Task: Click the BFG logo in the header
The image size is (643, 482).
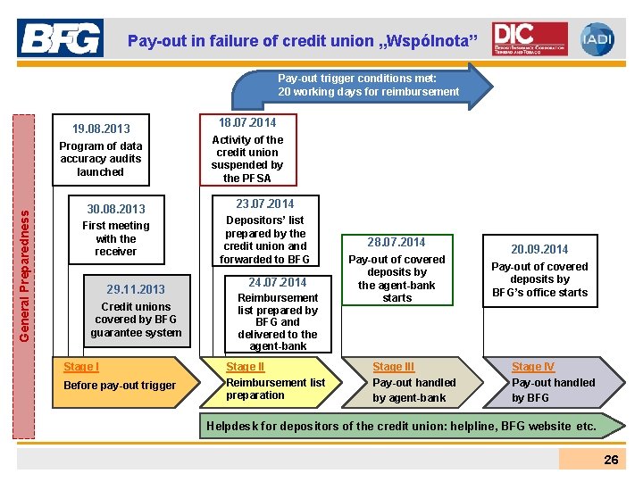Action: point(60,38)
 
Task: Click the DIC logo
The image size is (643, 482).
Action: point(530,38)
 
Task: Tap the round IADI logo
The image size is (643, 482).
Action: point(597,38)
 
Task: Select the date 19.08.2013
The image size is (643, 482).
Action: point(101,129)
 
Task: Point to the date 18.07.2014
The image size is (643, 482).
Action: point(247,122)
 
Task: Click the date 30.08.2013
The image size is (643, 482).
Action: point(115,209)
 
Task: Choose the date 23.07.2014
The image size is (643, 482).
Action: point(264,204)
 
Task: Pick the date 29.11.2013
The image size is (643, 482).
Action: point(136,289)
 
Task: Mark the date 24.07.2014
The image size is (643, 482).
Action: point(277,282)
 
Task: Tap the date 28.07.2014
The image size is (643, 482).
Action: point(397,242)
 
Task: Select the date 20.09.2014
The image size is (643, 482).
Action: point(539,249)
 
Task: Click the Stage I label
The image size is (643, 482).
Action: point(81,367)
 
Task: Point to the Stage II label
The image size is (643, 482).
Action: point(246,367)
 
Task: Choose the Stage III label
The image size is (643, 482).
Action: point(394,367)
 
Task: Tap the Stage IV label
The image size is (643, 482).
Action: point(533,367)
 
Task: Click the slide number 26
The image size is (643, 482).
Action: point(611,460)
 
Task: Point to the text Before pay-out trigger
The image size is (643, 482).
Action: point(119,385)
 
